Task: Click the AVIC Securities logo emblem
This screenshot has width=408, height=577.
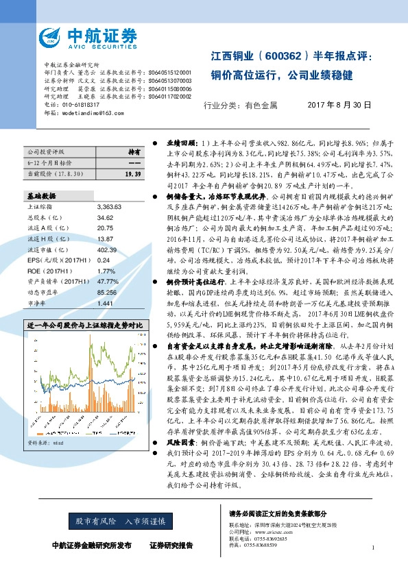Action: [x=52, y=36]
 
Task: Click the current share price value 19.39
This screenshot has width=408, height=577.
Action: [x=132, y=175]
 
